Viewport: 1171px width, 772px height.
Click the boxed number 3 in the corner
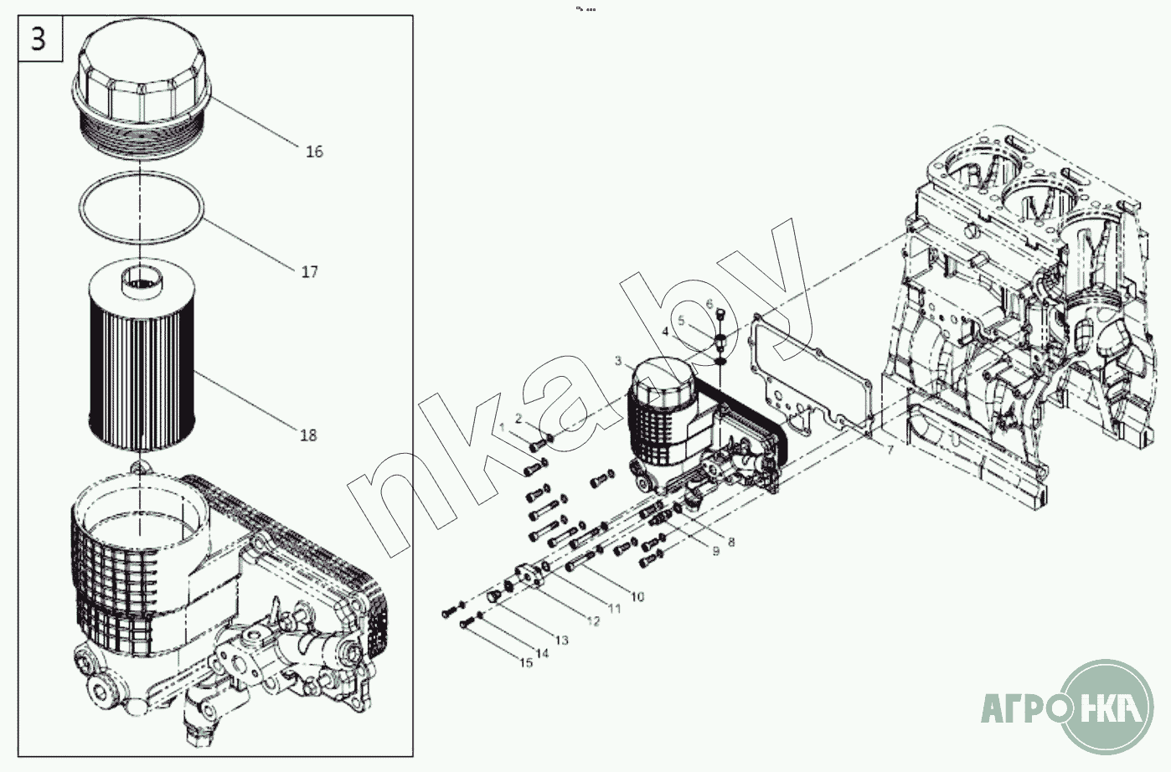pyautogui.click(x=39, y=39)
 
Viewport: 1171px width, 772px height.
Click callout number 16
pyautogui.click(x=314, y=152)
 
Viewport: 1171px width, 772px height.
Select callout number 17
pyautogui.click(x=310, y=272)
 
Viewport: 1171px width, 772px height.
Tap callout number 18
pyautogui.click(x=308, y=435)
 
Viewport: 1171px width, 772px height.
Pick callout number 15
pyautogui.click(x=525, y=663)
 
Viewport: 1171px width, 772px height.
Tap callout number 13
pyautogui.click(x=561, y=641)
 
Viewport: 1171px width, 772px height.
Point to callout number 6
pyautogui.click(x=709, y=304)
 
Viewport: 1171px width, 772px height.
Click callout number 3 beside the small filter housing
pyautogui.click(x=618, y=362)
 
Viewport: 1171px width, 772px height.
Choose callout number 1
pyautogui.click(x=503, y=429)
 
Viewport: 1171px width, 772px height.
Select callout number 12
pyautogui.click(x=593, y=621)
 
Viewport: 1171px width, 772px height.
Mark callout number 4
pyautogui.click(x=666, y=332)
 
